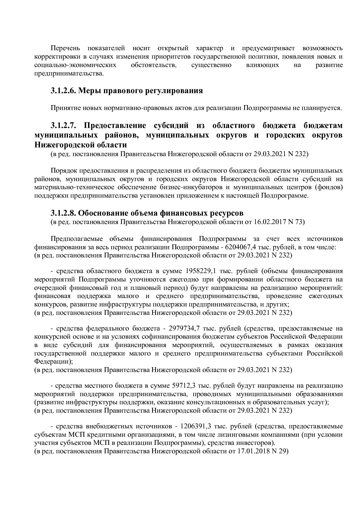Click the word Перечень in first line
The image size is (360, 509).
(x=65, y=48)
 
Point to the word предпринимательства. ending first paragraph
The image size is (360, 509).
(x=69, y=74)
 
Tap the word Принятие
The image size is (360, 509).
(x=64, y=108)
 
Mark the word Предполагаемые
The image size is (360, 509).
(x=77, y=239)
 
